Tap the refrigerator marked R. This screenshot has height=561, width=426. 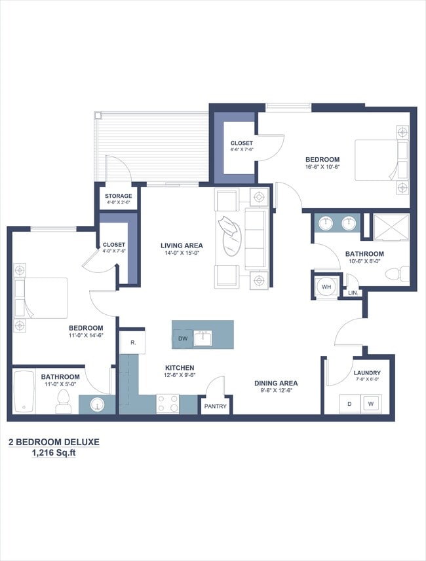click(x=132, y=342)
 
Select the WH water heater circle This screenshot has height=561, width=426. click(x=325, y=286)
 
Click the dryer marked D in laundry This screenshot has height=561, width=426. click(x=350, y=404)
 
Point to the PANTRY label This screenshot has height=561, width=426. click(x=215, y=407)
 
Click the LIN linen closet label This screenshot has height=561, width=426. click(x=352, y=293)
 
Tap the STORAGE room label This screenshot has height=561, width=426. click(x=119, y=196)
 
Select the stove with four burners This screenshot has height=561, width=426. click(x=168, y=403)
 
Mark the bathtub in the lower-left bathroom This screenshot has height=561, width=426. click(x=24, y=392)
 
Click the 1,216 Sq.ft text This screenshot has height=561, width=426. click(x=54, y=453)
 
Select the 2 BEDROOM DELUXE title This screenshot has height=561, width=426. click(x=54, y=442)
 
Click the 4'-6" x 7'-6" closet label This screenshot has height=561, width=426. click(x=241, y=144)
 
